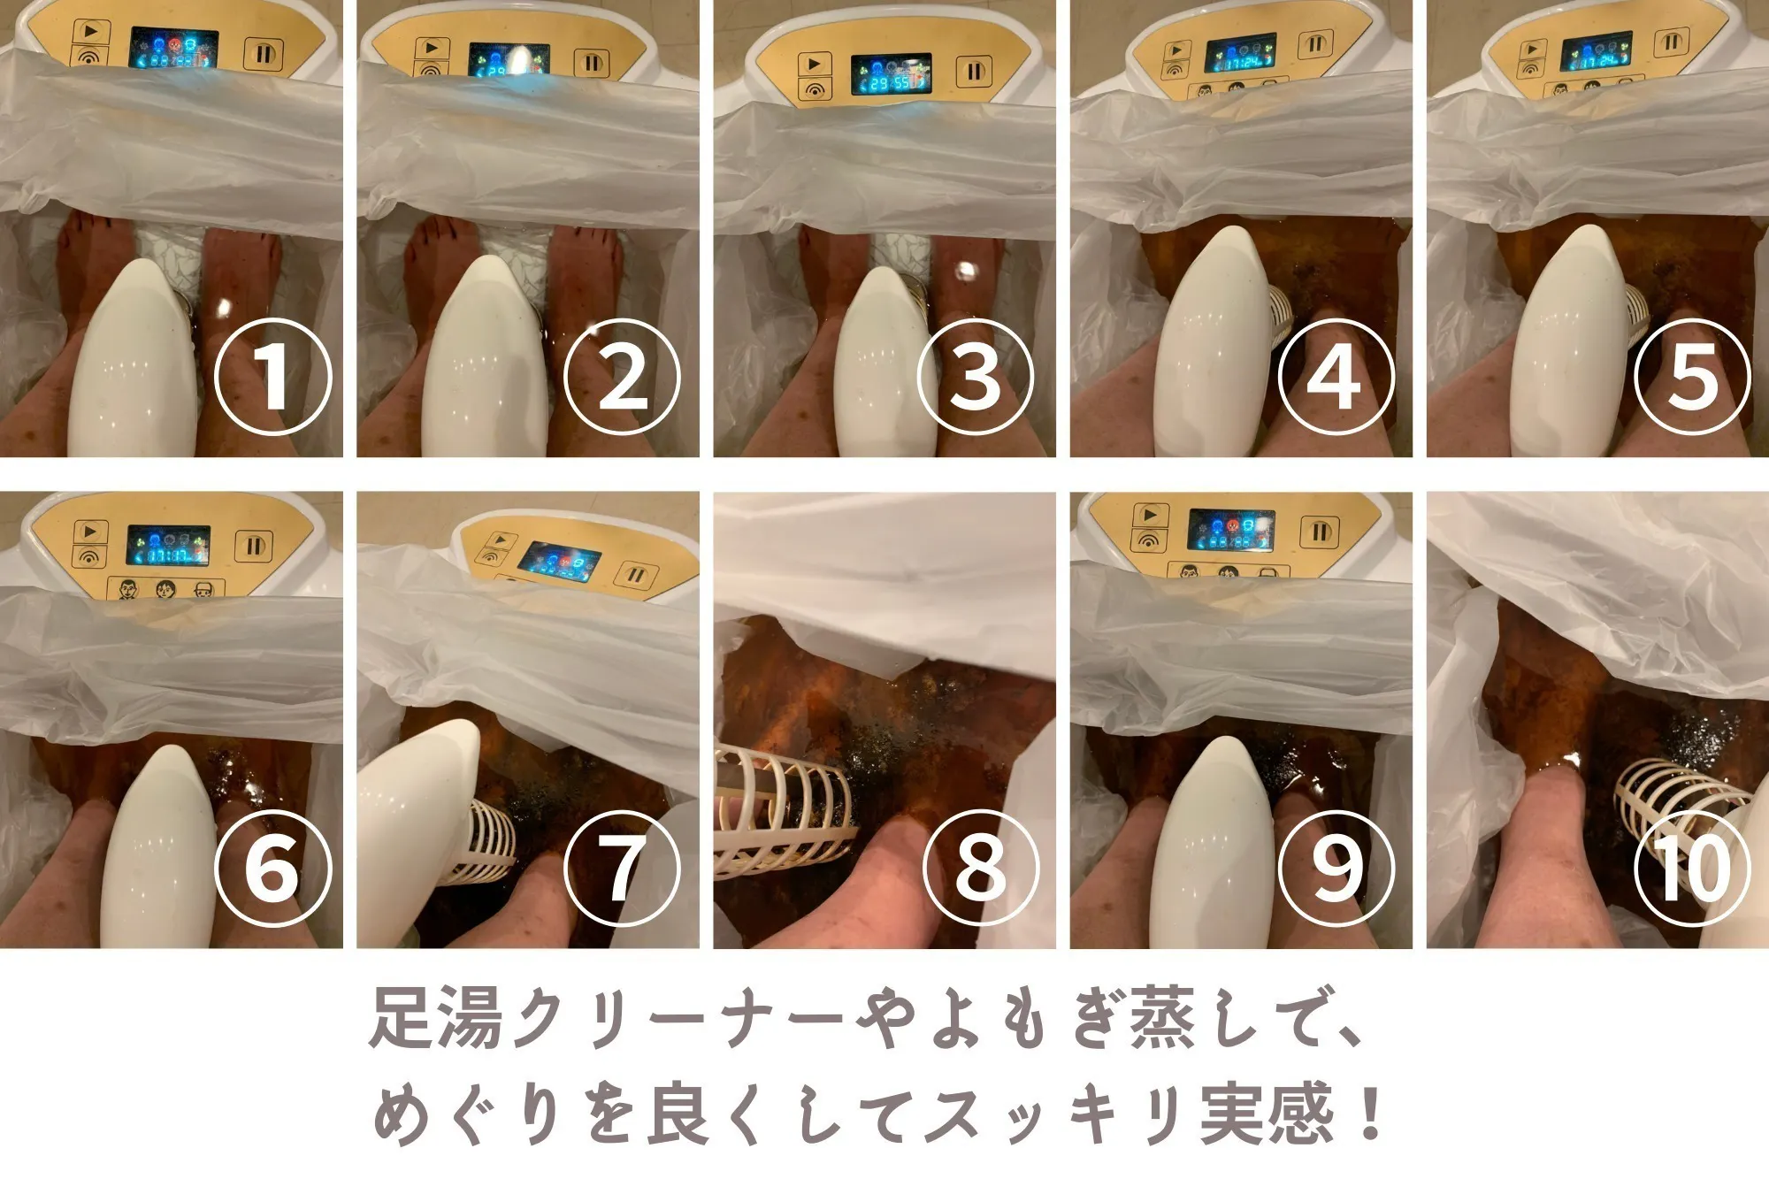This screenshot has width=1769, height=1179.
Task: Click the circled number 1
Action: (273, 377)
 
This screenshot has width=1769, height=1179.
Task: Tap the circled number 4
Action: (1336, 377)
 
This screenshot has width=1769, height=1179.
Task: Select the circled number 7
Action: (622, 868)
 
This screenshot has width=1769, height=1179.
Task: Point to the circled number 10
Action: (1692, 868)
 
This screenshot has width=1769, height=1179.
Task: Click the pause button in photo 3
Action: (974, 72)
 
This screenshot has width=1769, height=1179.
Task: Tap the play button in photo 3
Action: (814, 65)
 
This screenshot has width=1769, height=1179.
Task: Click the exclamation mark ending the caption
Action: (1371, 1113)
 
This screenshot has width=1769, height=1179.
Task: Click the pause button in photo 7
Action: (635, 577)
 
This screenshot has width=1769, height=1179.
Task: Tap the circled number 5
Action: (1692, 377)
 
